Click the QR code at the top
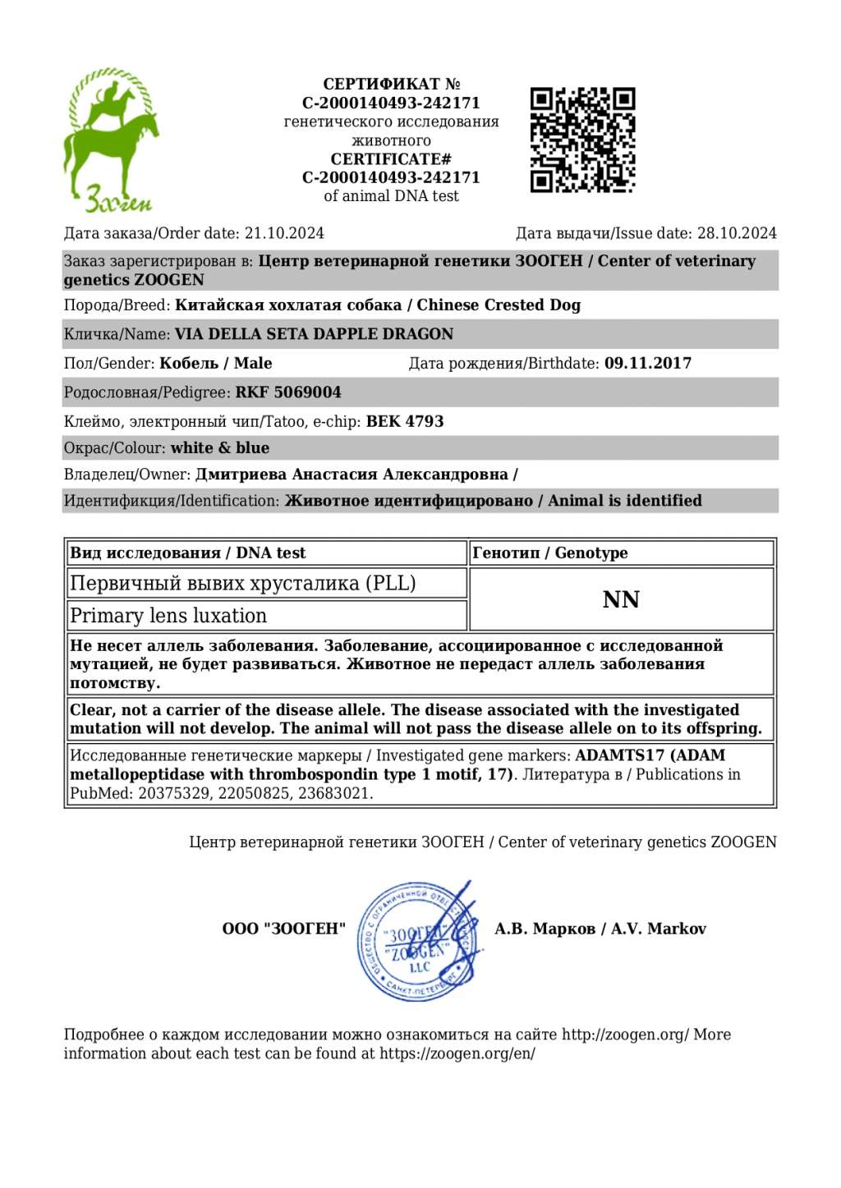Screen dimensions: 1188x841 pos(582,140)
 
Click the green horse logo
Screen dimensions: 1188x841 pos(111,140)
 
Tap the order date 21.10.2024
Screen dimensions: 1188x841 pos(284,233)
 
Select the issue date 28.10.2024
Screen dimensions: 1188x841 pos(737,233)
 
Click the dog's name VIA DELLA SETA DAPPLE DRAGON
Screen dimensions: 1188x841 pos(314,334)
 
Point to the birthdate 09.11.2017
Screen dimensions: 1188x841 pos(648,363)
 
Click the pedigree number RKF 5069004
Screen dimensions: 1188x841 pos(288,392)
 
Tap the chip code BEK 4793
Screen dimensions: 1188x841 pos(405,421)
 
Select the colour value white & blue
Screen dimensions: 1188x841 pos(220,447)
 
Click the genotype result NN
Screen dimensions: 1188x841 pos(621,599)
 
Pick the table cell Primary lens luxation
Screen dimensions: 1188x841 pos(168,616)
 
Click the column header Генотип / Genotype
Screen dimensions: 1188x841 pos(550,553)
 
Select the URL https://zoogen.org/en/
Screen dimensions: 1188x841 pos(457,1053)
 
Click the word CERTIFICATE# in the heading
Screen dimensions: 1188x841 pos(391,158)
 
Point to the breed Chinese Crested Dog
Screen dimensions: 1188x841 pos(499,305)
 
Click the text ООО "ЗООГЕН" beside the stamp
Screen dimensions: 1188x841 pos(284,929)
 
